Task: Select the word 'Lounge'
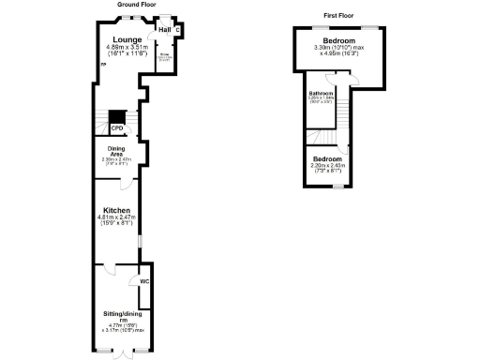click(x=127, y=39)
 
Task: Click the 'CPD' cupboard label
click(x=117, y=127)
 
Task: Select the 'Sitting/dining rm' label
click(x=122, y=316)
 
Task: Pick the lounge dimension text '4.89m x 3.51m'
click(x=127, y=47)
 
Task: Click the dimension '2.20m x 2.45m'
click(x=328, y=165)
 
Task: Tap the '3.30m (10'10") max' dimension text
click(x=339, y=48)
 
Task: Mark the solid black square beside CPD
click(x=117, y=117)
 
